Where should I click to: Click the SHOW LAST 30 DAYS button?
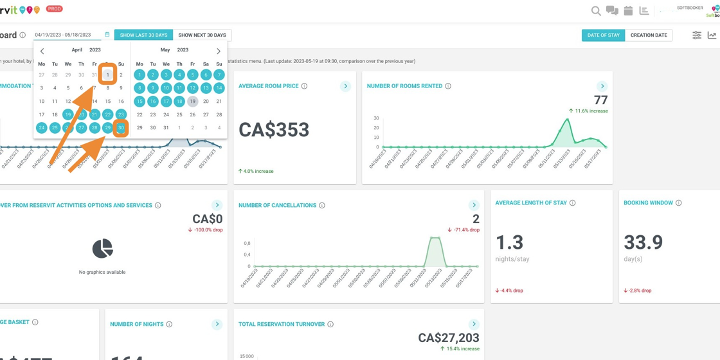click(x=143, y=35)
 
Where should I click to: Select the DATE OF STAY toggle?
click(x=603, y=35)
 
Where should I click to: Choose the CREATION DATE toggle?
click(x=649, y=35)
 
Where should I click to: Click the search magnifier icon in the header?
click(x=596, y=11)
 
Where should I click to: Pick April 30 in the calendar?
click(x=121, y=128)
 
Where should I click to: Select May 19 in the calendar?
click(x=192, y=102)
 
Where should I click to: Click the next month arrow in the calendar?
click(x=219, y=51)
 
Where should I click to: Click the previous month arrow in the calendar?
click(x=42, y=51)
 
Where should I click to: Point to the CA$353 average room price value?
click(x=274, y=130)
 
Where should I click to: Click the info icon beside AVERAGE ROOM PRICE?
click(x=305, y=86)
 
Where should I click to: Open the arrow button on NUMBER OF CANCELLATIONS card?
click(x=474, y=205)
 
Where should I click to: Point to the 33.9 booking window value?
click(x=643, y=242)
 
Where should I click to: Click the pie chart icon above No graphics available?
click(x=102, y=248)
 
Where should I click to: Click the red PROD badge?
click(x=55, y=9)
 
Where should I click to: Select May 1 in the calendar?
click(x=139, y=75)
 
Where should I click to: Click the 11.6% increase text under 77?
click(x=591, y=111)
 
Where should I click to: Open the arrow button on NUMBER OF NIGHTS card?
click(x=217, y=324)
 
